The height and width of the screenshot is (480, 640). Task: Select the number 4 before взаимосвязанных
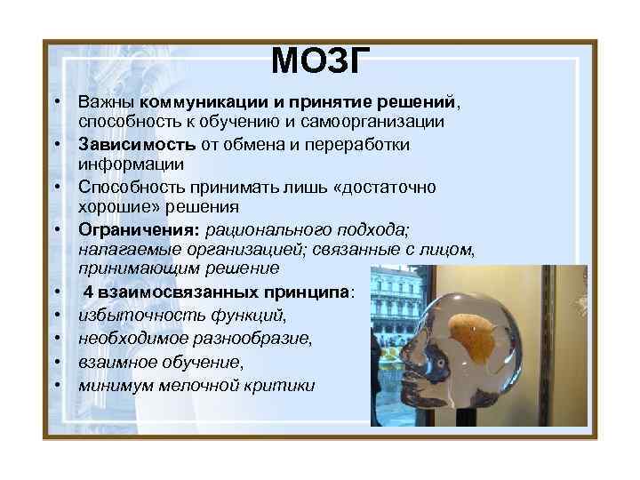coord(90,292)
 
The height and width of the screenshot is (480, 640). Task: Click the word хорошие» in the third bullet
coord(111,206)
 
